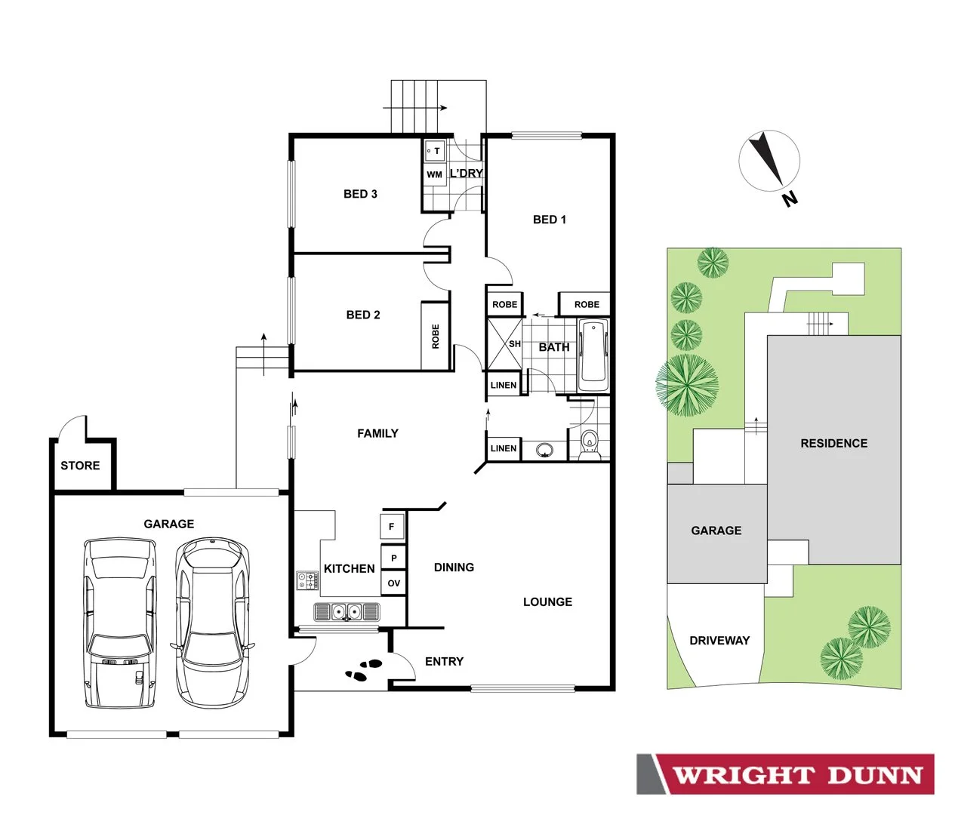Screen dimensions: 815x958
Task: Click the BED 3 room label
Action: coord(360,194)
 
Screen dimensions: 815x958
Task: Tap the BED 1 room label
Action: coord(549,220)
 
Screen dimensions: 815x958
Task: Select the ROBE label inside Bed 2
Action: coord(436,336)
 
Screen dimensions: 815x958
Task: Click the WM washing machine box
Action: coord(434,174)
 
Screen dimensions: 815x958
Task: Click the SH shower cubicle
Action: coord(504,344)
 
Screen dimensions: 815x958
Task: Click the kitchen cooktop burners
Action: coord(307,580)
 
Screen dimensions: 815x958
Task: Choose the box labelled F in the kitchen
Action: coord(392,526)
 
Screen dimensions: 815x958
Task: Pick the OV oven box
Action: coord(393,583)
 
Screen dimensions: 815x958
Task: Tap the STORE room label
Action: coord(80,466)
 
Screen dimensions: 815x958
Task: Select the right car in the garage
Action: coord(212,623)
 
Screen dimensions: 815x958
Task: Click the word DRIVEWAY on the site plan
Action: coord(719,641)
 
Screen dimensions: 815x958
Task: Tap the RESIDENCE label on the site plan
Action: coord(833,444)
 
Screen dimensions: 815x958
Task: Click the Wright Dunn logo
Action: coord(785,774)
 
